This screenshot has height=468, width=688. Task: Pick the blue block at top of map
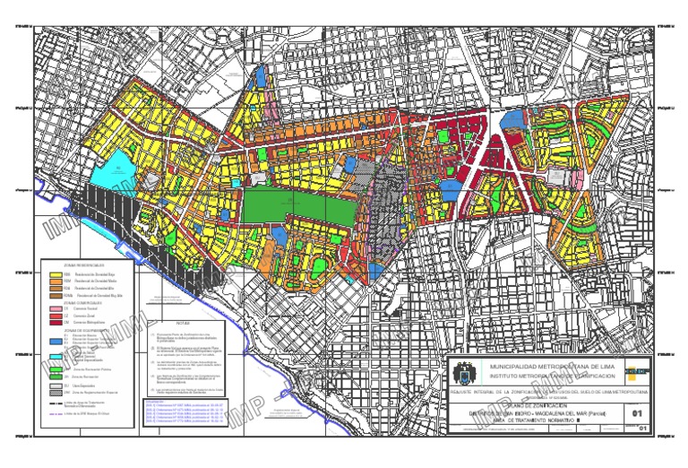click(260, 76)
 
